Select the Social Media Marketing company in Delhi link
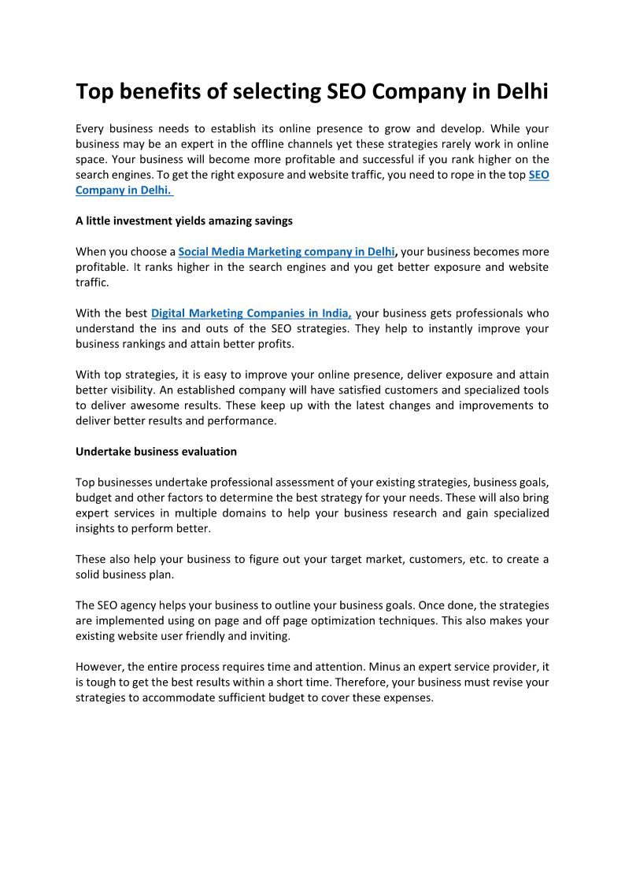[x=287, y=252]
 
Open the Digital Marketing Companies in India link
[x=251, y=313]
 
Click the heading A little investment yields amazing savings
[x=184, y=221]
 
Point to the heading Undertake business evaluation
[x=156, y=452]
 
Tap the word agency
[x=149, y=605]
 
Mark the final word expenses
[x=407, y=697]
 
